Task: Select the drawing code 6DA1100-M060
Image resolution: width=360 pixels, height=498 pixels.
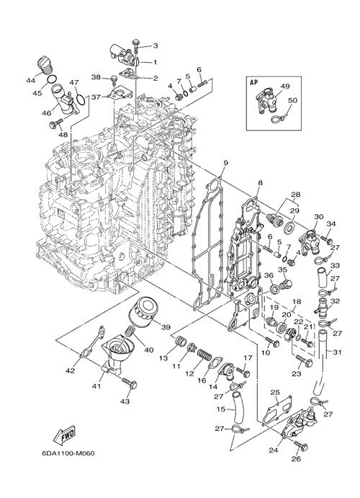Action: pos(68,453)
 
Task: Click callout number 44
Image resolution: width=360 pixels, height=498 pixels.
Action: pos(31,81)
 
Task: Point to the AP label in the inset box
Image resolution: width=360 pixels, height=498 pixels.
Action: pos(253,82)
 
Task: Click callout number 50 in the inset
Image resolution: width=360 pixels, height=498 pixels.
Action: pos(292,100)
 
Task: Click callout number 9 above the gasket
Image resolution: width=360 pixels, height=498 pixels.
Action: pos(225,163)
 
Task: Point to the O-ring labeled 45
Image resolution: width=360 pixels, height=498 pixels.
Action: pos(53,79)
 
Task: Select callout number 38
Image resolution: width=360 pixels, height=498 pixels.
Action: pos(96,77)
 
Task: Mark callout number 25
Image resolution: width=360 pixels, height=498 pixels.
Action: pos(274,393)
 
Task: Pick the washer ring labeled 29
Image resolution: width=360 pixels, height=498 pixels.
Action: pos(289,227)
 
